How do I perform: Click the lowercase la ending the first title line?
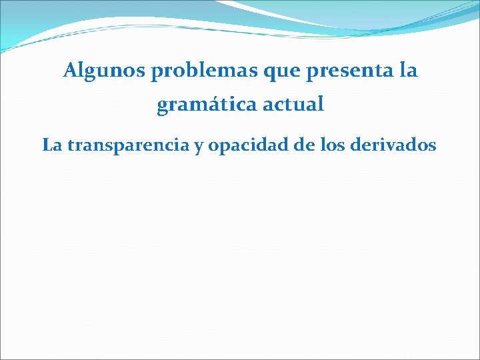pyautogui.click(x=405, y=71)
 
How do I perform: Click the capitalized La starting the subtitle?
pyautogui.click(x=51, y=145)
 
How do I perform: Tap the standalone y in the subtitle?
pyautogui.click(x=199, y=147)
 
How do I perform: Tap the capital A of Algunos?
pyautogui.click(x=70, y=71)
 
